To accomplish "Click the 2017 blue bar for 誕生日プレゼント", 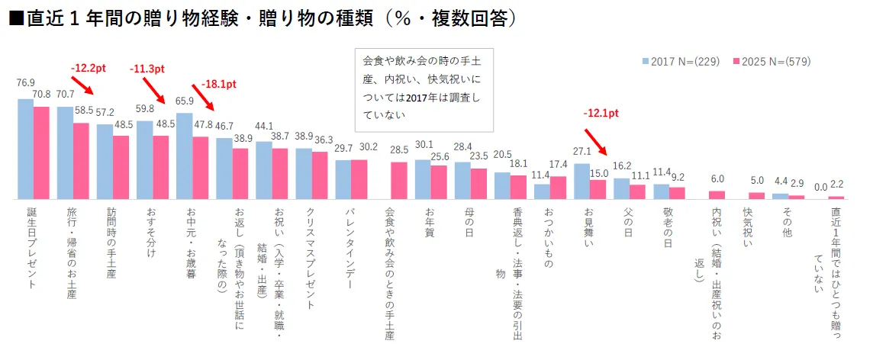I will [x=26, y=149].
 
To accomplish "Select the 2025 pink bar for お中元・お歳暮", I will [x=201, y=168].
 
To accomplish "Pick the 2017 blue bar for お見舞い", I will [x=581, y=182].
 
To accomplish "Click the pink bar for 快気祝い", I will [x=756, y=195].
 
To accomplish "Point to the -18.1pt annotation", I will [x=219, y=84].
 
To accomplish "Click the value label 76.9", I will [x=26, y=82].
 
